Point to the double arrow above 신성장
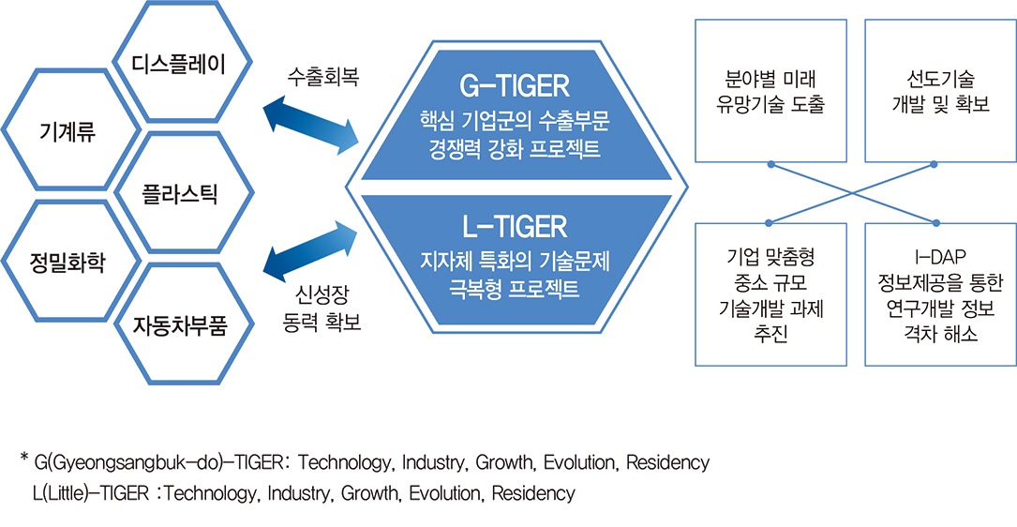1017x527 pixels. click(x=310, y=253)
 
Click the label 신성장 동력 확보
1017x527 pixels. click(x=322, y=310)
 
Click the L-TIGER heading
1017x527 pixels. click(x=514, y=226)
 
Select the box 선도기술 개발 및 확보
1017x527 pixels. click(x=936, y=91)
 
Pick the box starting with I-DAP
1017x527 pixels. click(x=936, y=294)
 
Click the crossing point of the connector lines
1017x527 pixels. click(x=853, y=193)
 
